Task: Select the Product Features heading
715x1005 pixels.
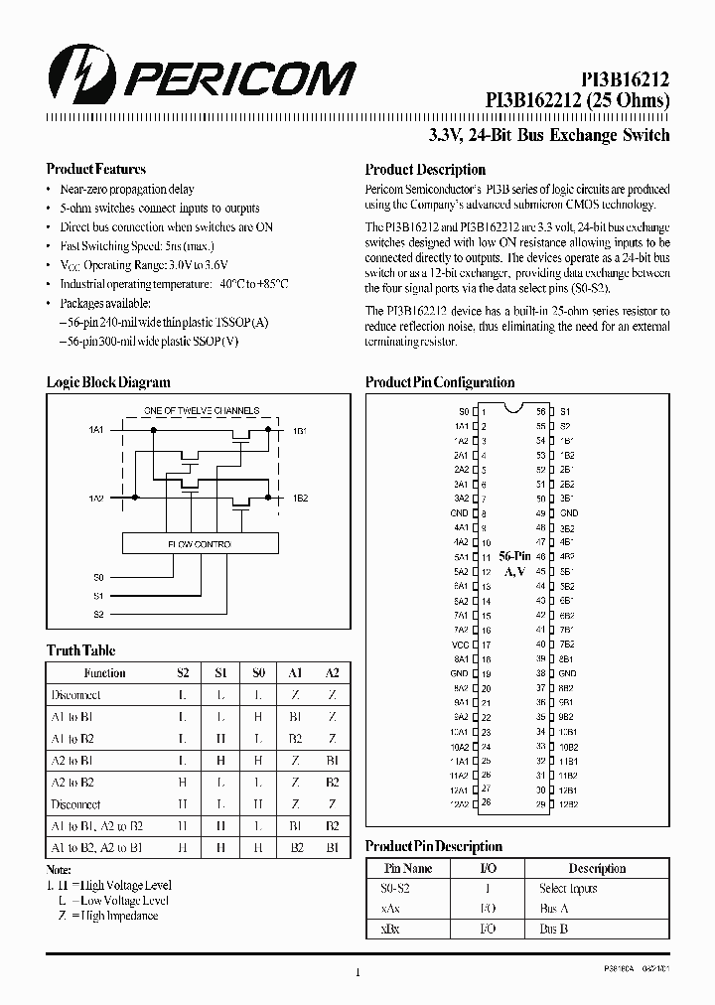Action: [x=96, y=169]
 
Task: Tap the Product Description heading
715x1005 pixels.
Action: [x=425, y=170]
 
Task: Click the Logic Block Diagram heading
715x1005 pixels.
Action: [x=108, y=382]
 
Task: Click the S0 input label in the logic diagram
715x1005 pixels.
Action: [x=98, y=576]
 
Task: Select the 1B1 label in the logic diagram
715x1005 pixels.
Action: [x=300, y=431]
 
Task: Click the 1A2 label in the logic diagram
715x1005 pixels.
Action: [x=95, y=497]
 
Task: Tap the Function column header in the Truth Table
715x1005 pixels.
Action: [x=104, y=672]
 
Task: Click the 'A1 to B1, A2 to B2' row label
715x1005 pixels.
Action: [x=97, y=826]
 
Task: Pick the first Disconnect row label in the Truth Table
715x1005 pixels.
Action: [x=75, y=695]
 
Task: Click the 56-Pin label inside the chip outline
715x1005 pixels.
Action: [x=514, y=556]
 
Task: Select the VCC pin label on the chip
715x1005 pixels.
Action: [x=459, y=644]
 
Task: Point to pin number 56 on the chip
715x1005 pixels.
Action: [x=540, y=411]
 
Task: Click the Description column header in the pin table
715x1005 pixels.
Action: [x=597, y=868]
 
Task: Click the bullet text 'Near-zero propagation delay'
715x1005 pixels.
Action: [x=127, y=189]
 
